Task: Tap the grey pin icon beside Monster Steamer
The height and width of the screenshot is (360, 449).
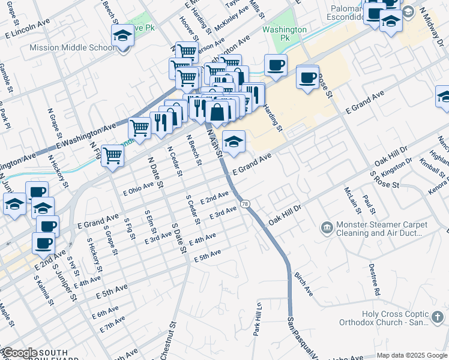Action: click(327, 227)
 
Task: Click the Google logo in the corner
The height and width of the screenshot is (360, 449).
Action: click(20, 353)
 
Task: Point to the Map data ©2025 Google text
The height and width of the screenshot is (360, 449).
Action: click(411, 355)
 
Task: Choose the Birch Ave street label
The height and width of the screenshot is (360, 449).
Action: click(303, 283)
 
